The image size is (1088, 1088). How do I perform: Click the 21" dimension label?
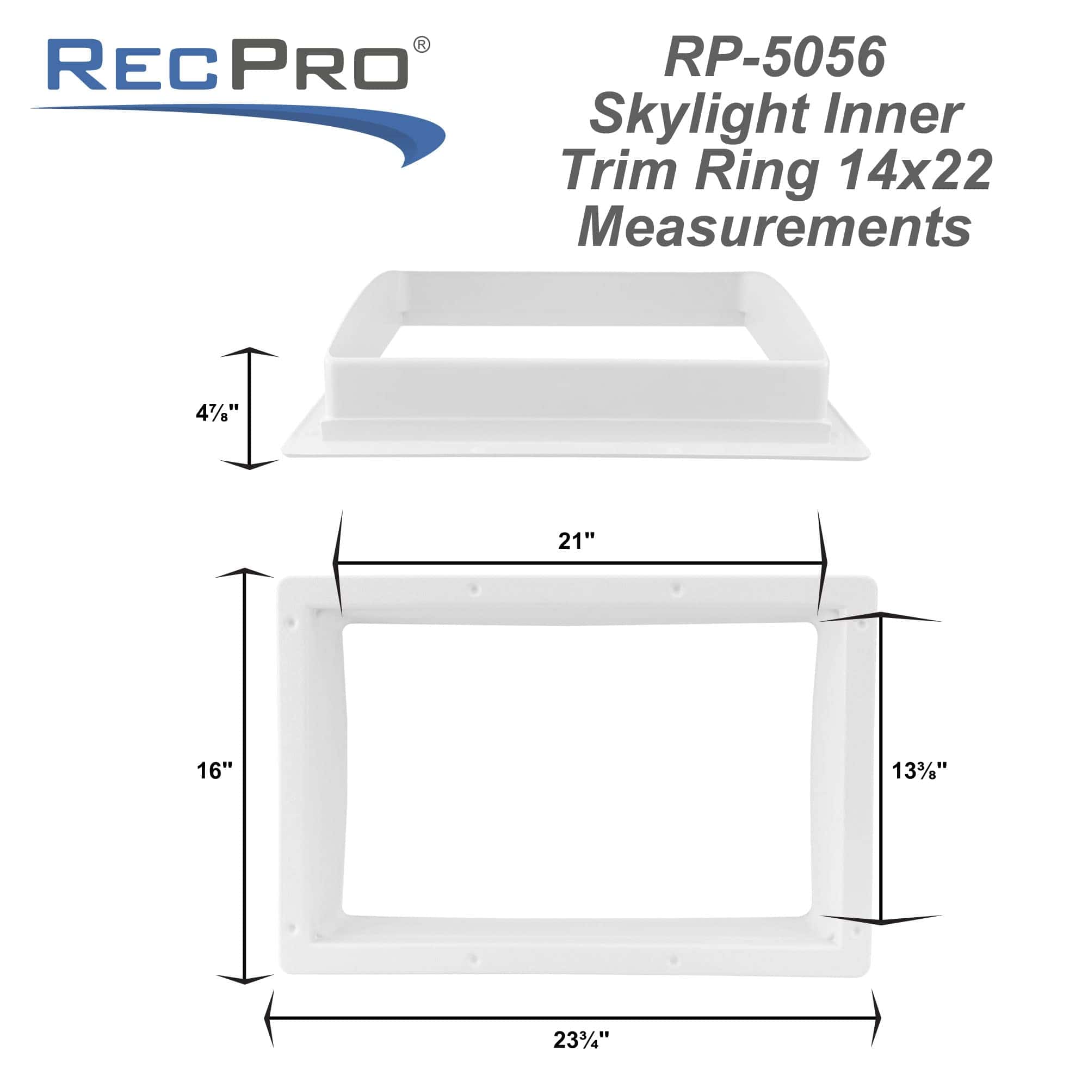(x=576, y=541)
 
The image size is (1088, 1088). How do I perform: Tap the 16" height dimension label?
(x=214, y=770)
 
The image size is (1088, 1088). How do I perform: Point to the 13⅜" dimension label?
(x=919, y=770)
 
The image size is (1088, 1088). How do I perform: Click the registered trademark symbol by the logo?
(x=421, y=45)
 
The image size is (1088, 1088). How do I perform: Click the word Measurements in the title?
(x=775, y=226)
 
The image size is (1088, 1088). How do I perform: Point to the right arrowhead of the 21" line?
(x=823, y=562)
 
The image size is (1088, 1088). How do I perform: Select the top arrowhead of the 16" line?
(x=244, y=574)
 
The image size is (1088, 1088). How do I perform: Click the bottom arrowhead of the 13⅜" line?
(x=881, y=919)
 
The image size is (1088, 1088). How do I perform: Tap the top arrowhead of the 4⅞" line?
(x=250, y=353)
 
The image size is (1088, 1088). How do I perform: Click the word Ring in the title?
(x=757, y=170)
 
